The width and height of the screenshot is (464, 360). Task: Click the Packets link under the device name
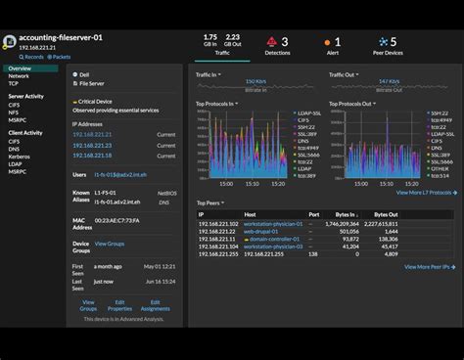(x=61, y=57)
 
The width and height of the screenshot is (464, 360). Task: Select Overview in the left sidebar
(x=20, y=68)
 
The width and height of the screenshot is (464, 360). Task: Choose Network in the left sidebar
(x=20, y=77)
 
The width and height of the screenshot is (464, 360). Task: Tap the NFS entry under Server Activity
(x=15, y=113)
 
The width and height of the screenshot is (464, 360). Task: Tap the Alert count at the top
(x=338, y=42)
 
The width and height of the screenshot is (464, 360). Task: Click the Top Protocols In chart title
(x=222, y=104)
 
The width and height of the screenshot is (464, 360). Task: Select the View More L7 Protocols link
(x=424, y=193)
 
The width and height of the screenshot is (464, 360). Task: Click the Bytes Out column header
(x=386, y=214)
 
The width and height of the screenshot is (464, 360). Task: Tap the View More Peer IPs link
(x=428, y=266)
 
